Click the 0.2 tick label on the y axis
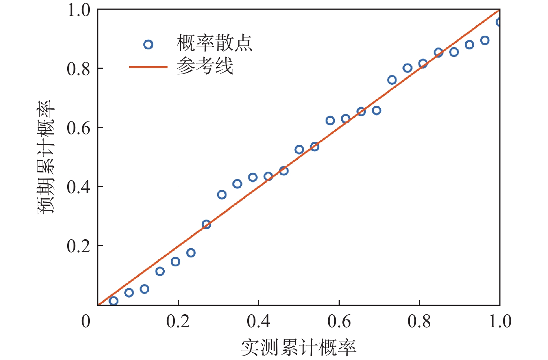[x=78, y=246]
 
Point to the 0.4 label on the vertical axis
[x=78, y=187]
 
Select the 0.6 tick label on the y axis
[x=78, y=128]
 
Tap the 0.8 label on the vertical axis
[x=78, y=69]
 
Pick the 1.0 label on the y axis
[x=78, y=10]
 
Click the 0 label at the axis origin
[x=86, y=321]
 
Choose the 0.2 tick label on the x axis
[x=178, y=321]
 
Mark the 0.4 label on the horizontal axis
[x=258, y=321]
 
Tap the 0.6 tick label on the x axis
[x=339, y=321]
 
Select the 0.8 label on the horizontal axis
[x=419, y=321]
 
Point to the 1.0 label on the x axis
[x=500, y=321]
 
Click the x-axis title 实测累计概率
[x=299, y=347]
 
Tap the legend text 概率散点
[x=214, y=43]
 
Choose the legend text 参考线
[x=205, y=66]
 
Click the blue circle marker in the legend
[x=148, y=45]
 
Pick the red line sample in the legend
[x=148, y=67]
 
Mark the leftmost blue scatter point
[x=114, y=301]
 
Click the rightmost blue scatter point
[x=499, y=22]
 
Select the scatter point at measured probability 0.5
[x=299, y=150]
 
